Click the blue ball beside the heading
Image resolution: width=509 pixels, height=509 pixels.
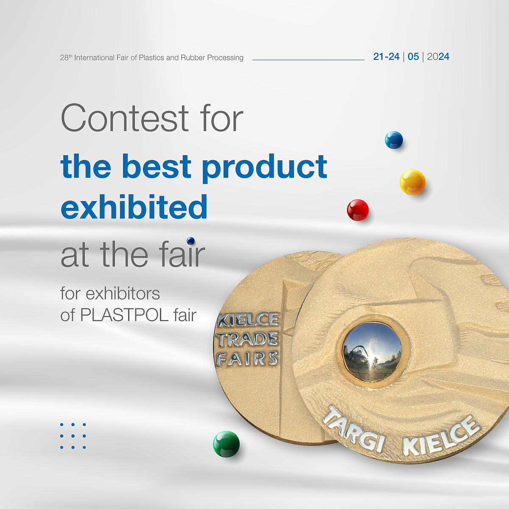coord(394,140)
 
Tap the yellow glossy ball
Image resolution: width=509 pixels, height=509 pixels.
coord(412,182)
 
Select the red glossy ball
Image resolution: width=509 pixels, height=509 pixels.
coord(358,210)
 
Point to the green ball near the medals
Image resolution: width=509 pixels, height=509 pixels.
coord(226,444)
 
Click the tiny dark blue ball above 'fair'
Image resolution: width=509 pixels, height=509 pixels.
coord(191,241)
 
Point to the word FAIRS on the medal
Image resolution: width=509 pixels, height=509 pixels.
coord(247,359)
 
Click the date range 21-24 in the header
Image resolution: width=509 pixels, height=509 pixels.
coord(386,57)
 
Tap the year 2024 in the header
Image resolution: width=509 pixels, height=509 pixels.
coord(438,57)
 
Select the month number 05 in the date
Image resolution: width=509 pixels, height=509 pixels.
coord(413,57)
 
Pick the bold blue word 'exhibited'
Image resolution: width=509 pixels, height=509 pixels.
coord(134,207)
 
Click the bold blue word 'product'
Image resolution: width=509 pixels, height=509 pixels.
coord(264,166)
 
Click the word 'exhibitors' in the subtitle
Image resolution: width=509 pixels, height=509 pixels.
coord(123,294)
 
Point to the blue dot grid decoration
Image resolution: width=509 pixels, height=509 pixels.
coord(73,436)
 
